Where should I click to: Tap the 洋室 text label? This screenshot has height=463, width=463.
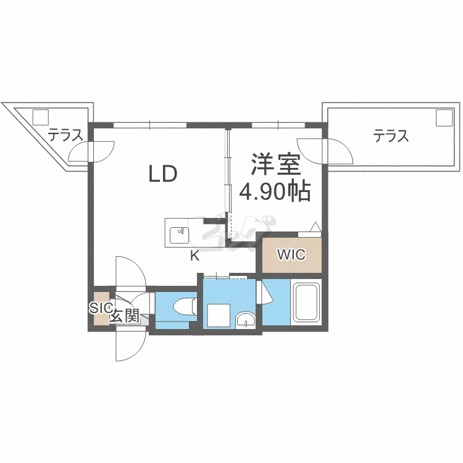click(275, 164)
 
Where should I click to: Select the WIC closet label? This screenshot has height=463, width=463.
click(290, 254)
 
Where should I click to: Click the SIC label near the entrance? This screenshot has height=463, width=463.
click(100, 307)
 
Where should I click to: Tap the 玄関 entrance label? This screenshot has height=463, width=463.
click(124, 317)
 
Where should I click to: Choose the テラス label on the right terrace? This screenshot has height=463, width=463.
click(391, 135)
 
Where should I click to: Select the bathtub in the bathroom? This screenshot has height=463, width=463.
click(306, 302)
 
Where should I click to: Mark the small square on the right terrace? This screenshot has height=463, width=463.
click(444, 117)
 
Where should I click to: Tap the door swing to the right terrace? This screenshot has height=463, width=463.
click(336, 151)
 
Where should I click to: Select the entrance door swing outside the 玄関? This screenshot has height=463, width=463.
click(130, 347)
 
